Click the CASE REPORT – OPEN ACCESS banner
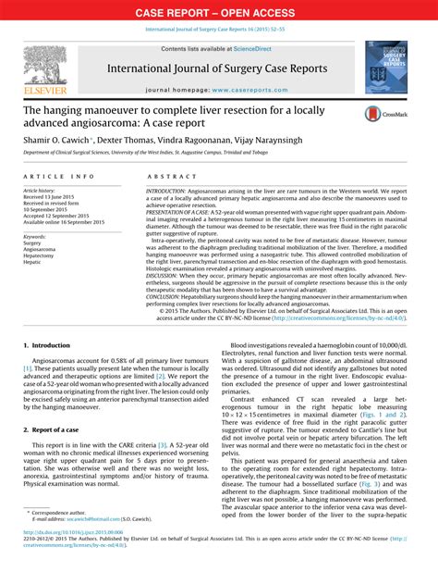[219, 13]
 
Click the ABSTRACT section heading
[166, 175]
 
